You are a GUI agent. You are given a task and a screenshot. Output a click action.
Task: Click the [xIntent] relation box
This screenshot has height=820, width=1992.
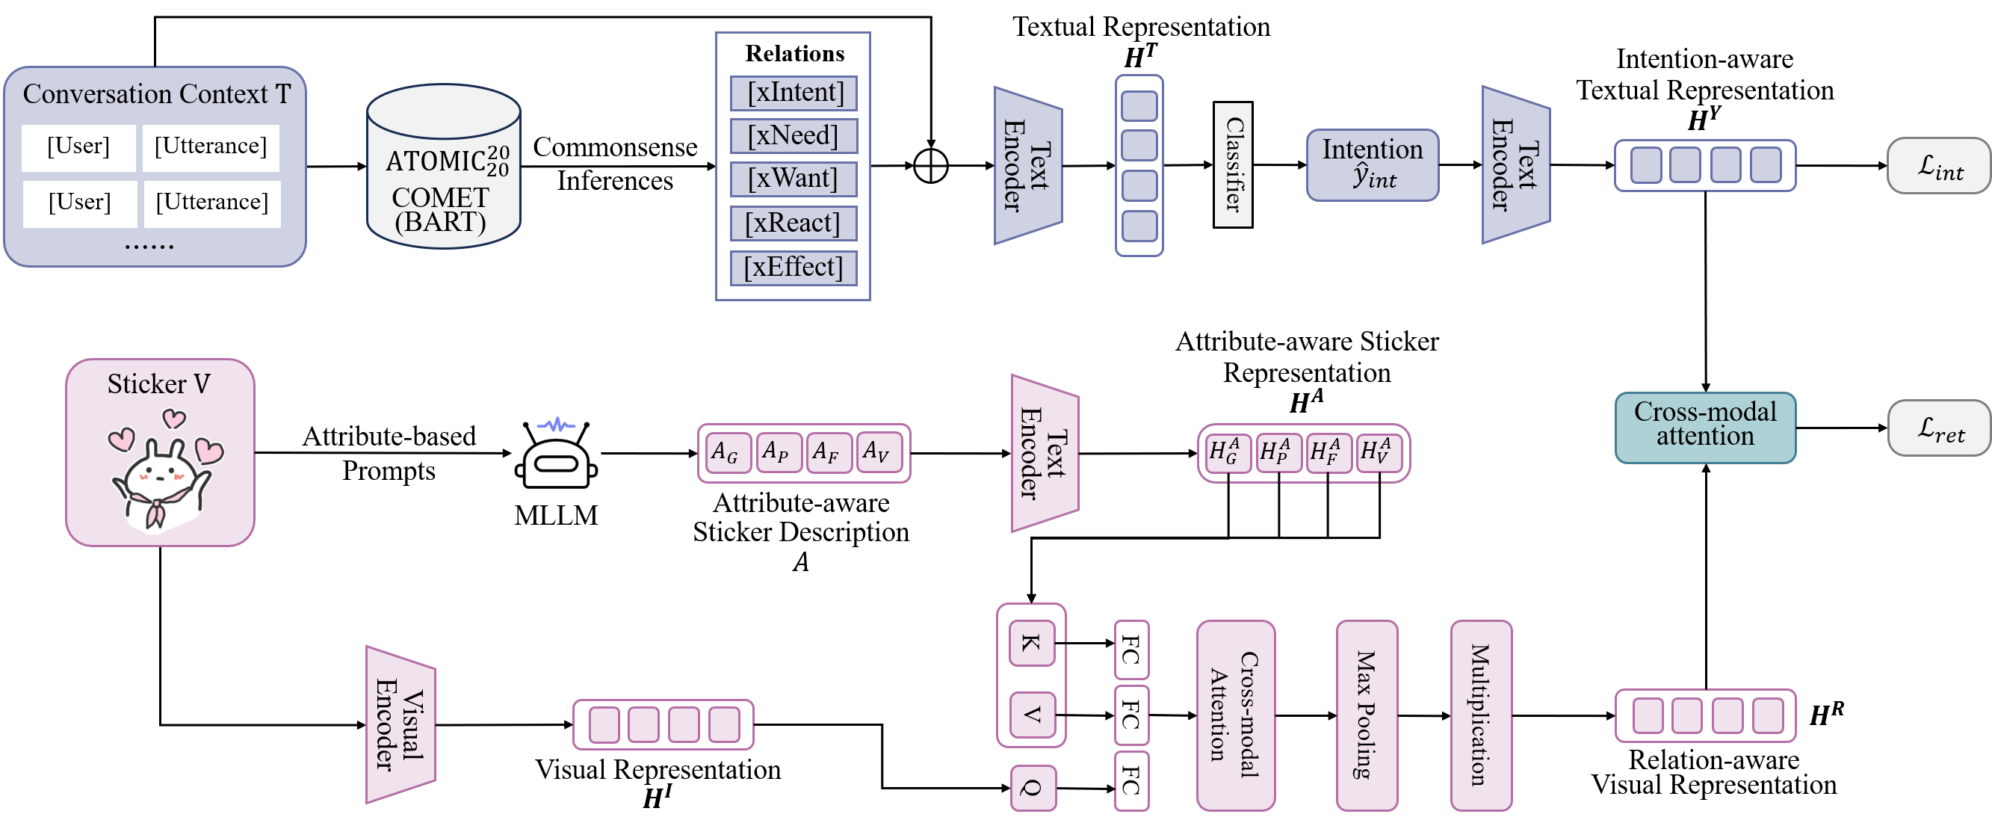tap(794, 93)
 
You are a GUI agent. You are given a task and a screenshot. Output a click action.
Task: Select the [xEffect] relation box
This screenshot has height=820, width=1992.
tap(794, 268)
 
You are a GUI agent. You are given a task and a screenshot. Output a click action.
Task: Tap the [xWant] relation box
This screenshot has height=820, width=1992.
tap(794, 179)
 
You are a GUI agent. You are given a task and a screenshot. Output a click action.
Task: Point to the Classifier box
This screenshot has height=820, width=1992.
tap(1233, 164)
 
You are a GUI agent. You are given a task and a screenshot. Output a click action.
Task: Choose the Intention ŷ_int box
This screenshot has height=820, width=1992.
tap(1373, 164)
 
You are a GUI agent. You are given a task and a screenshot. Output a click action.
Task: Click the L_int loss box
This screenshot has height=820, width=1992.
tap(1938, 165)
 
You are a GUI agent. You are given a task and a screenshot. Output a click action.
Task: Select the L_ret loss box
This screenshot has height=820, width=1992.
tap(1939, 428)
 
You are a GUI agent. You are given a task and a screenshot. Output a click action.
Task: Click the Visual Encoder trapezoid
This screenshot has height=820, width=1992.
tap(400, 725)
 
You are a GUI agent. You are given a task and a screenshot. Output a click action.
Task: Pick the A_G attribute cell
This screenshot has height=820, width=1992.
tap(727, 452)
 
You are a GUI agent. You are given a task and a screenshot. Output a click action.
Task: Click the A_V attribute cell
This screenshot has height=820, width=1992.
tap(879, 452)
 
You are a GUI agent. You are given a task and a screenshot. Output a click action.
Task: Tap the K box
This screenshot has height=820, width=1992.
tap(1031, 643)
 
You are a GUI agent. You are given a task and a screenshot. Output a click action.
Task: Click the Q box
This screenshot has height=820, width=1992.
tap(1033, 789)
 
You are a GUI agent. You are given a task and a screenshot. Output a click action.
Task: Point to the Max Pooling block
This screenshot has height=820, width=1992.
tap(1367, 715)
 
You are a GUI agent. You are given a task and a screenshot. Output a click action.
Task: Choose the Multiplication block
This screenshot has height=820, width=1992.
tap(1480, 715)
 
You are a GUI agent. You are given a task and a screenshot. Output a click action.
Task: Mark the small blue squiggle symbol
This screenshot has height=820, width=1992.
tap(556, 425)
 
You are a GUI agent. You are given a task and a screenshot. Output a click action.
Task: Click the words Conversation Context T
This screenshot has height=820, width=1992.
tap(156, 94)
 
